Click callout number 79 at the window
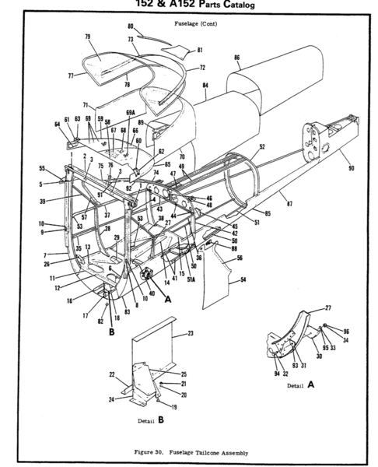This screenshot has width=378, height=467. [x=88, y=37]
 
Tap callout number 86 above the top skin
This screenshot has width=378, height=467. [x=236, y=57]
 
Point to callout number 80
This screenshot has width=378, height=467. [x=131, y=26]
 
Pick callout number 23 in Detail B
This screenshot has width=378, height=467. [x=190, y=333]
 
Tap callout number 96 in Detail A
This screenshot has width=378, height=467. [x=346, y=332]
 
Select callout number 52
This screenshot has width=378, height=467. [x=262, y=146]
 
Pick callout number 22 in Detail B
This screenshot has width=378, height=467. [x=110, y=374]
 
